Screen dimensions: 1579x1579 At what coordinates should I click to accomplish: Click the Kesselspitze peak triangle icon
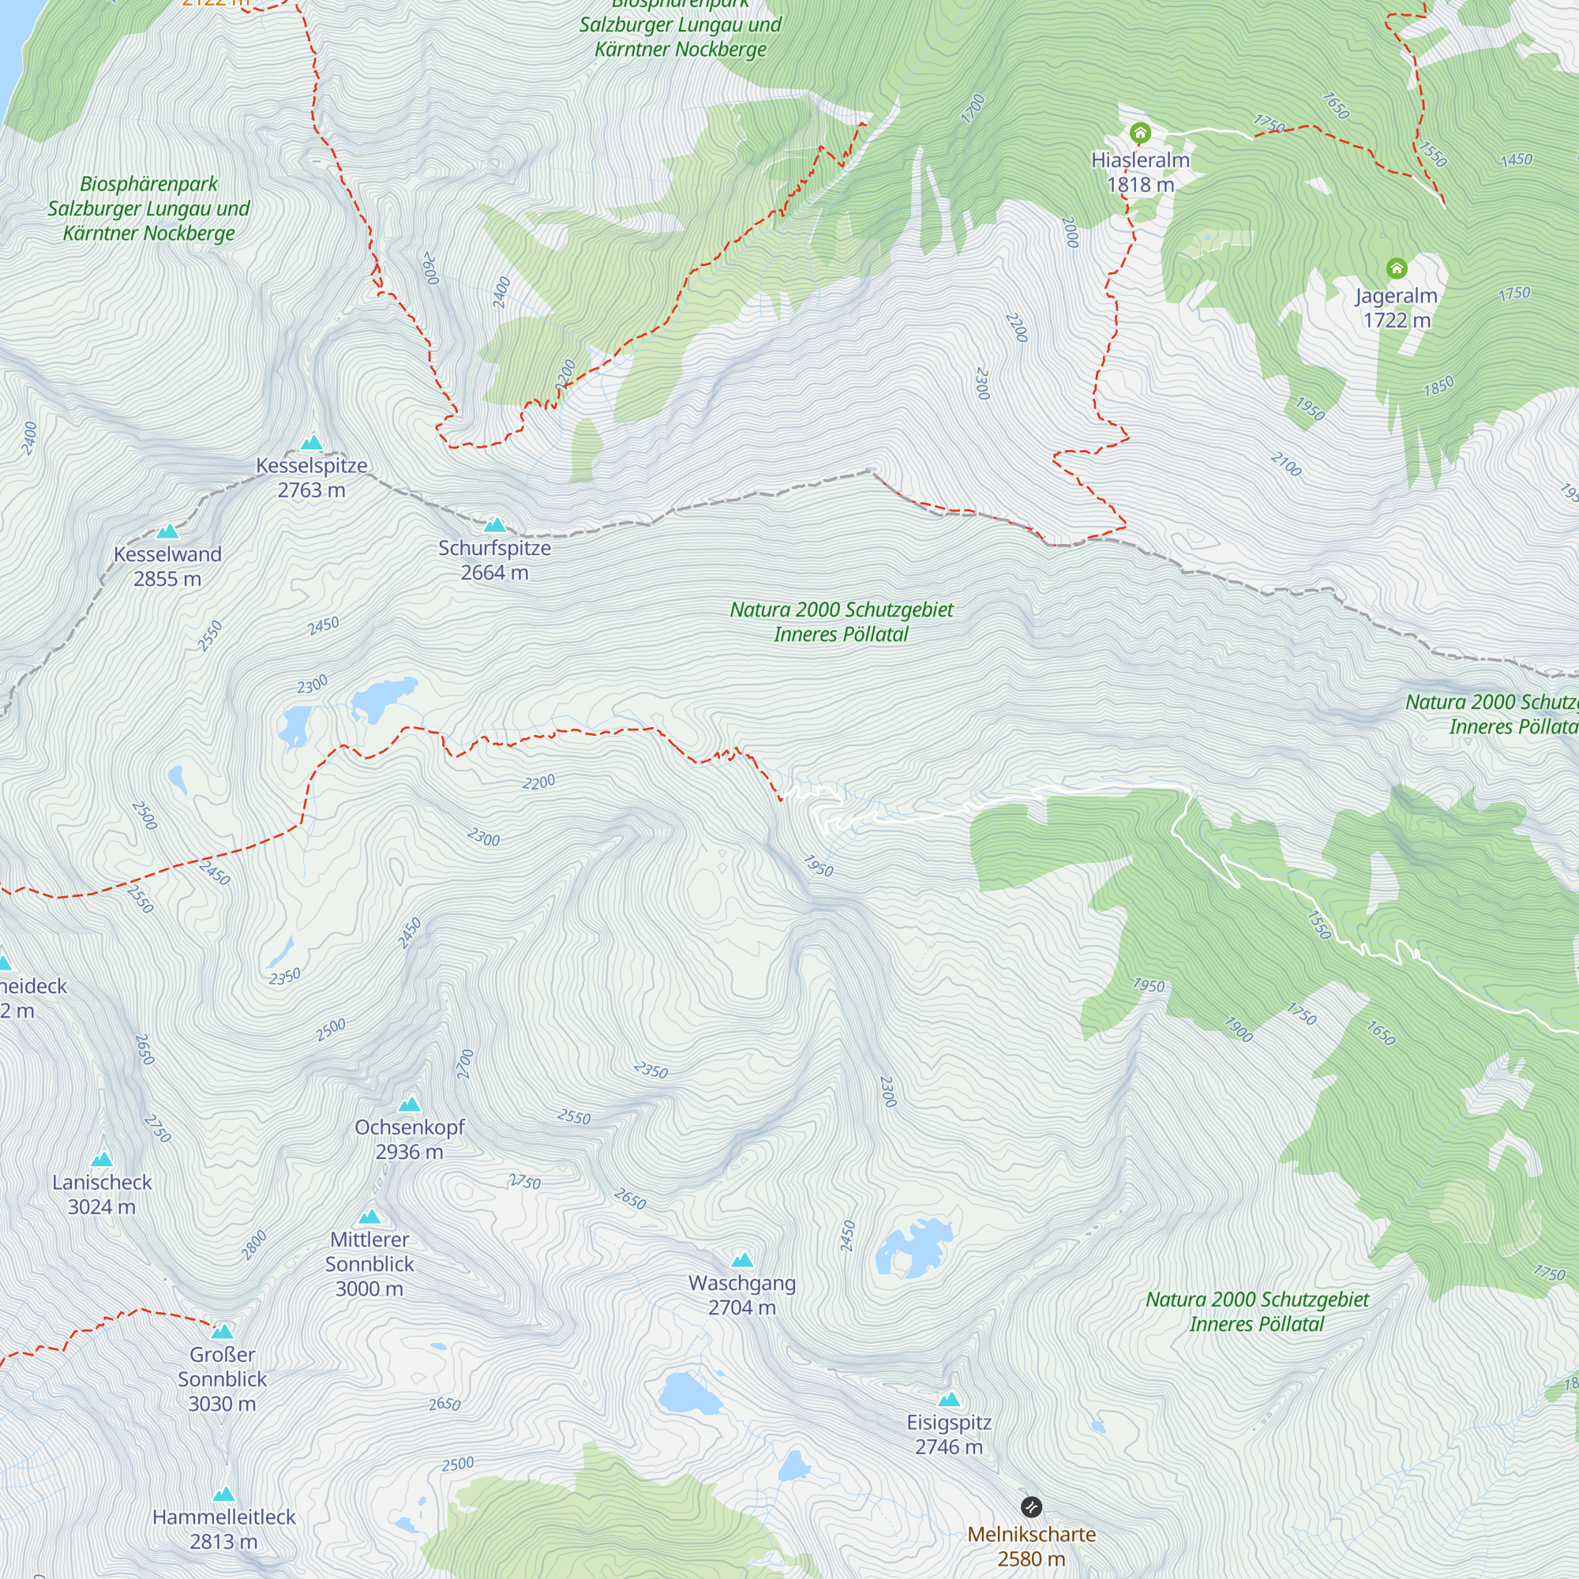point(311,443)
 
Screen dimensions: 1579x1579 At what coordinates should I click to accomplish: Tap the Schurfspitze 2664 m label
point(494,560)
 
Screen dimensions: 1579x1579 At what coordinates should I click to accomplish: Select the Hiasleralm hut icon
point(1140,133)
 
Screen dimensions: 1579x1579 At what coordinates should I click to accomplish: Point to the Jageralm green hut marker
point(1397,268)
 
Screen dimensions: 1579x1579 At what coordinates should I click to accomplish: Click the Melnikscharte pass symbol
point(1031,1506)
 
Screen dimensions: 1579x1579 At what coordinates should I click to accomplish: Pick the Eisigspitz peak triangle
point(949,1399)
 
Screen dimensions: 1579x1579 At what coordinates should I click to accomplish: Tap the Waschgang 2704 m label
point(742,1295)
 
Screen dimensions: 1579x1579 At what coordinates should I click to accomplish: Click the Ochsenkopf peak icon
point(410,1105)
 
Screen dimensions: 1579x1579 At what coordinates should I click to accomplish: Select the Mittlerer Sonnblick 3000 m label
point(369,1263)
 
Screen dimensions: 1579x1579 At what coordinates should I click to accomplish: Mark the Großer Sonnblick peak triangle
point(223,1331)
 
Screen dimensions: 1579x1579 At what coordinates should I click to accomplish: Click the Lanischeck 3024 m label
point(102,1194)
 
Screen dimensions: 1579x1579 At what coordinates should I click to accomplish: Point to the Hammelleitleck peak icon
point(224,1494)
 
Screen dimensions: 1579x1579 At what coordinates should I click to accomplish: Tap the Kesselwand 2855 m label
point(167,566)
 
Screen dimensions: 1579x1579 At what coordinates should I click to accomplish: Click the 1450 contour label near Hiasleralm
point(1516,159)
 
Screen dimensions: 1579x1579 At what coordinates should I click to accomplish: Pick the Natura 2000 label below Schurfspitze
point(841,621)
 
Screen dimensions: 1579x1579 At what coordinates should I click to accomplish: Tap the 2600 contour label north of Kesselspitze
point(431,268)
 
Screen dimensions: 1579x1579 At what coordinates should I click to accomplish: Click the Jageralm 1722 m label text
point(1396,307)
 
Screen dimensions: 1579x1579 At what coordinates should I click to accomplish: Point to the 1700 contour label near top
point(973,109)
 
